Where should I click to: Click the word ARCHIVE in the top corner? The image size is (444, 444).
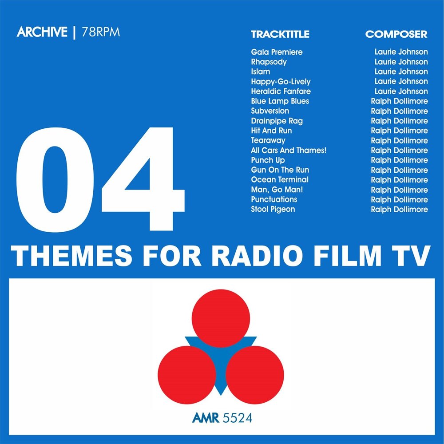click(x=42, y=33)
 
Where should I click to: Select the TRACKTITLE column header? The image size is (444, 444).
click(x=280, y=35)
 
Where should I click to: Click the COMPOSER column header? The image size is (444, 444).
click(x=396, y=35)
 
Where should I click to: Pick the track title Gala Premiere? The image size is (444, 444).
click(x=277, y=52)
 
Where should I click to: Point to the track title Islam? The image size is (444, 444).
click(x=260, y=71)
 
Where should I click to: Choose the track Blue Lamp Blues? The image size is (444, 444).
click(x=280, y=101)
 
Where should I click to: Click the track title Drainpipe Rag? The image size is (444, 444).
click(x=277, y=121)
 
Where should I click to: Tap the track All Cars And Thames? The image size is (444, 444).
click(x=289, y=150)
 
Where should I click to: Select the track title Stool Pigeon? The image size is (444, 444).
click(x=273, y=209)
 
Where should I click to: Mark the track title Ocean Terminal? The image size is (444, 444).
click(x=279, y=180)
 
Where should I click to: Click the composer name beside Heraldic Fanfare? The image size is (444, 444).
click(x=401, y=91)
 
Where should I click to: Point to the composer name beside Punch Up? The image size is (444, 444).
click(x=399, y=160)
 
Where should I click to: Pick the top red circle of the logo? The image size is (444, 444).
click(x=220, y=318)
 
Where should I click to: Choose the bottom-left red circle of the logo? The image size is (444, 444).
click(x=186, y=374)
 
